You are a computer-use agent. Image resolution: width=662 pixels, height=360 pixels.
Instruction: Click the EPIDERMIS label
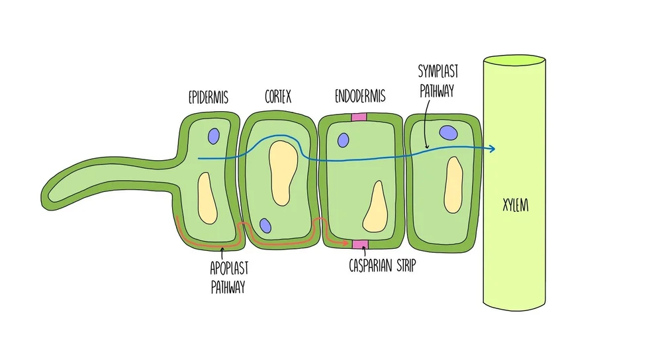208,99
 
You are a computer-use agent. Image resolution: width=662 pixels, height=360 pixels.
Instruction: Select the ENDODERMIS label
358,99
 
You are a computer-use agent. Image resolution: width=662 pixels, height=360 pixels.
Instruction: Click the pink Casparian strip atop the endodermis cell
359,117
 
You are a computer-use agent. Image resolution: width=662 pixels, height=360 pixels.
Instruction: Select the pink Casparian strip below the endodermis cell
359,245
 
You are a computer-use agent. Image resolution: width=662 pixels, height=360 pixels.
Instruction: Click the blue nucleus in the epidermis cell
213,136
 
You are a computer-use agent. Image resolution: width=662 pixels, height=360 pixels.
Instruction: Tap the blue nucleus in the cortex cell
265,226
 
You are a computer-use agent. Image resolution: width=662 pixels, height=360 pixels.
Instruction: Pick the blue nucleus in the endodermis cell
343,140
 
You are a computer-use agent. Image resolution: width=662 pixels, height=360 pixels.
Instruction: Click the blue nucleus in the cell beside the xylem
449,132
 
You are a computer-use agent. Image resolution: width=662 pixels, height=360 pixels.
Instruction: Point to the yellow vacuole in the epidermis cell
207,197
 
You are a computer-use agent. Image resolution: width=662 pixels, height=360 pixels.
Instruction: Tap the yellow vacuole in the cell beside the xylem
453,183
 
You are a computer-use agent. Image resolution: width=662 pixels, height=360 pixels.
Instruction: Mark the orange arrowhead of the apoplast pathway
346,243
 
